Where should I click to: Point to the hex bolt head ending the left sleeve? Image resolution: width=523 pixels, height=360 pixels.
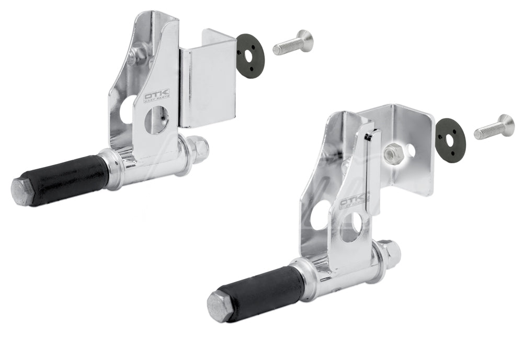(x=22, y=192)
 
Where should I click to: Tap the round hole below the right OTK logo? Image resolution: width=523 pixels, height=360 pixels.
(x=351, y=226)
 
